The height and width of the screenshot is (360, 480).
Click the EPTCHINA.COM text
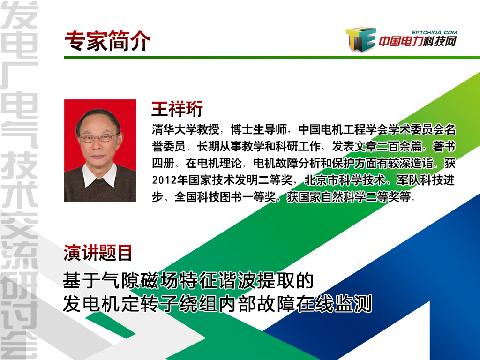pyautogui.click(x=435, y=32)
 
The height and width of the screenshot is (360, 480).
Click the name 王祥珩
pyautogui.click(x=177, y=109)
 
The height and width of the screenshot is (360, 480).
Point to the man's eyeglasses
pyautogui.click(x=98, y=138)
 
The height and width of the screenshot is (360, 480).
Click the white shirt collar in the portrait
pyautogui.click(x=100, y=174)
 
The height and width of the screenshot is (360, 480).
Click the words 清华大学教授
pyautogui.click(x=186, y=129)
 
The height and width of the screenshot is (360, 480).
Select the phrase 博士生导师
pyautogui.click(x=259, y=129)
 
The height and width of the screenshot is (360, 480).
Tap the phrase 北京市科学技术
pyautogui.click(x=345, y=180)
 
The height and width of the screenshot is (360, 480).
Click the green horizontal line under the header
pyautogui.click(x=272, y=57)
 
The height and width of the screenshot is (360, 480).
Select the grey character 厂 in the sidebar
pyautogui.click(x=19, y=75)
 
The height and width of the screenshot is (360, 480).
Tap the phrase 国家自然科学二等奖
pyautogui.click(x=349, y=197)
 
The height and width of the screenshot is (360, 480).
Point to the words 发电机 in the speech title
pyautogui.click(x=92, y=303)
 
